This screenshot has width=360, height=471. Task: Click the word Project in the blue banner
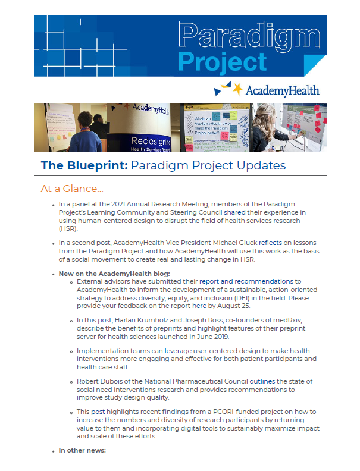(x=223, y=62)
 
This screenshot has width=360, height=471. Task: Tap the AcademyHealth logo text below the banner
(x=283, y=91)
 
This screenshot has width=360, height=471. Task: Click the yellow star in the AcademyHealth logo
(x=237, y=89)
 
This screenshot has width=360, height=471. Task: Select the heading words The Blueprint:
(x=84, y=165)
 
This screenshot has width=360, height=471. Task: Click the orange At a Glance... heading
(x=72, y=189)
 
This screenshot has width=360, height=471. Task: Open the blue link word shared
(x=234, y=212)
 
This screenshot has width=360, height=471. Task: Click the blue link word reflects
(x=271, y=243)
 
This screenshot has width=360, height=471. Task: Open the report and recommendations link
(x=246, y=281)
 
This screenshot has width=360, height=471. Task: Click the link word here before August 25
(x=199, y=306)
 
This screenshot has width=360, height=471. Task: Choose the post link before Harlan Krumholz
(x=105, y=320)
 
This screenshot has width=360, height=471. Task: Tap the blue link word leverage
(x=178, y=351)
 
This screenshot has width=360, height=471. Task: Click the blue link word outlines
(x=262, y=381)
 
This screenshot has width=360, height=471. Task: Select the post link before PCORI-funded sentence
(x=98, y=412)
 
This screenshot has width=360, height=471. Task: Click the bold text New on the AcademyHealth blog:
(x=114, y=274)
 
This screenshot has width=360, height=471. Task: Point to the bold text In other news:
(x=82, y=450)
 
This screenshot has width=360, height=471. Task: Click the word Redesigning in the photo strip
(x=151, y=141)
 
